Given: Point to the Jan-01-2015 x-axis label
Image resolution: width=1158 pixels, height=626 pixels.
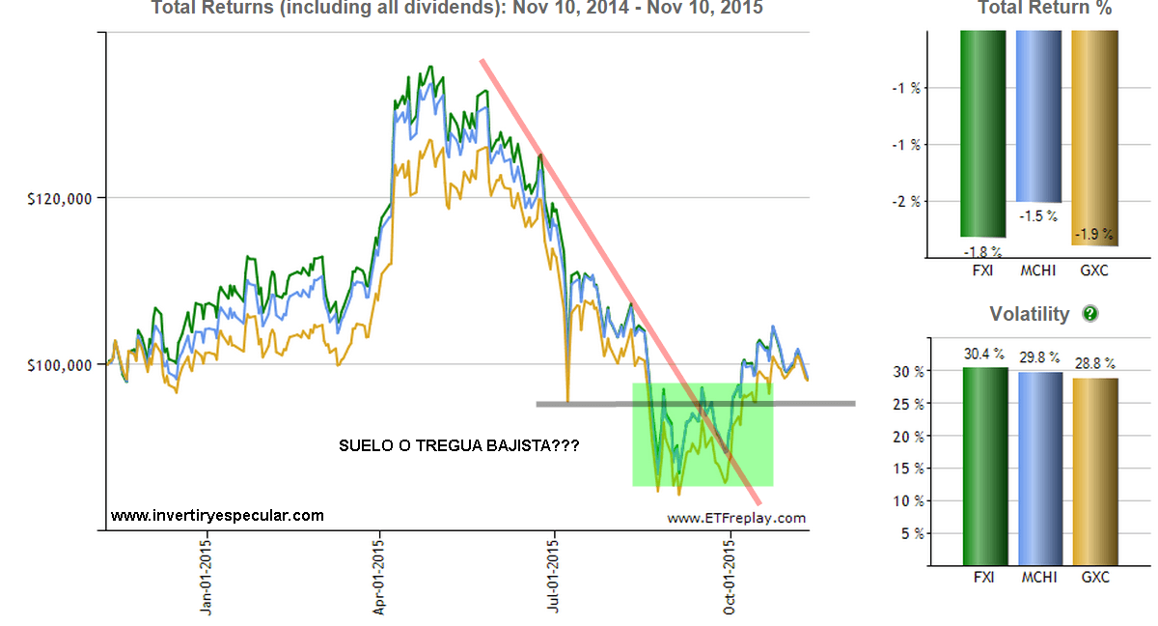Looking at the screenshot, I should (207, 578).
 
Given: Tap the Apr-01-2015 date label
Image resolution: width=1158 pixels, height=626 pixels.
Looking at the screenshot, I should (380, 578).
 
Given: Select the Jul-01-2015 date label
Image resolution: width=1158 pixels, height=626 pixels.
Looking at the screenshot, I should (555, 578).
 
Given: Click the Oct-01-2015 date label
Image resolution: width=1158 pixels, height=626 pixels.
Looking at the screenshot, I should (730, 578).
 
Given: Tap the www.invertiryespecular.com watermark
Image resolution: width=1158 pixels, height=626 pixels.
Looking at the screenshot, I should (217, 516).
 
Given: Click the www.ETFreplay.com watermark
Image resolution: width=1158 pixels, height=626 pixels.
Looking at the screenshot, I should (735, 518).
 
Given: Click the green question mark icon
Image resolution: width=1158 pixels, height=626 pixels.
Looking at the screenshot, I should (1090, 313).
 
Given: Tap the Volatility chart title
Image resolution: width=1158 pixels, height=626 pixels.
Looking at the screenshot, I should (1029, 314).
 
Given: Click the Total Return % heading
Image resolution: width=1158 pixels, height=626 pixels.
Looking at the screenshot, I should (1044, 9).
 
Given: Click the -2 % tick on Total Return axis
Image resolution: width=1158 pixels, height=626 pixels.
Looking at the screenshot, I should (906, 202).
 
